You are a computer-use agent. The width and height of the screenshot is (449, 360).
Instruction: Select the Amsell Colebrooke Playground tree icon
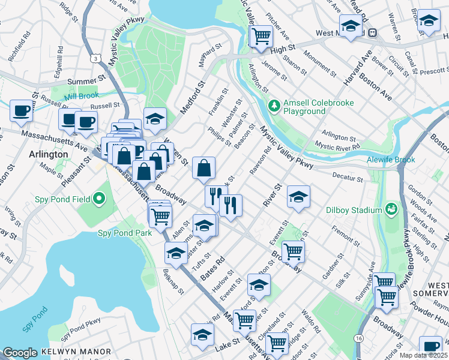click(x=274, y=106)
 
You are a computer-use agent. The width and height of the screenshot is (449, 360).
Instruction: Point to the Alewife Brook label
click(x=390, y=160)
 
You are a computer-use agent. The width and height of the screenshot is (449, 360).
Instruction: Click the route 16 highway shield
click(x=358, y=339)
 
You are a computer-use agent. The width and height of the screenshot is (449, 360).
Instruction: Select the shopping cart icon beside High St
click(x=261, y=37)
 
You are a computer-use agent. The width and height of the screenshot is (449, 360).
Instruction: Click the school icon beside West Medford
click(x=351, y=26)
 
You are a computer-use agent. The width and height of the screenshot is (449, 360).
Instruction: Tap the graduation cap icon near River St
click(x=298, y=197)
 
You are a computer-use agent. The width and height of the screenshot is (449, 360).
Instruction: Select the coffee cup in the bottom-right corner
click(x=430, y=347)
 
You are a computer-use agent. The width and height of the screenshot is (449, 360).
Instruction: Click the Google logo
click(x=20, y=353)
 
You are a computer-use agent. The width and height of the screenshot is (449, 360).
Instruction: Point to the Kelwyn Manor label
click(x=76, y=351)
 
